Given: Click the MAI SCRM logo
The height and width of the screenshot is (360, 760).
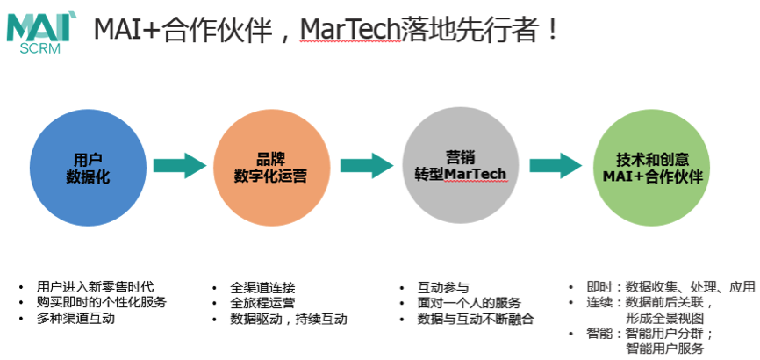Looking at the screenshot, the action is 39,33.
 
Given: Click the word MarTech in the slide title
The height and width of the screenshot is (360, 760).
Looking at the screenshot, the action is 350,30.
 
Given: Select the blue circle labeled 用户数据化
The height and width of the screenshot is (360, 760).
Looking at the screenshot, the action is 89,168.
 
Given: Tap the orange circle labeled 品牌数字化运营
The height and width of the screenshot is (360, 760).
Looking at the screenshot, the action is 271,168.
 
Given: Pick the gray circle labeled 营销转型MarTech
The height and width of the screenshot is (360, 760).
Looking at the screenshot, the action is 461,165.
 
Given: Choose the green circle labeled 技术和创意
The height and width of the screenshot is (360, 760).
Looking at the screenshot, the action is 652,167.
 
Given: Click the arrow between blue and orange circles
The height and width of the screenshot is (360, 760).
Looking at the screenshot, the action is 180,165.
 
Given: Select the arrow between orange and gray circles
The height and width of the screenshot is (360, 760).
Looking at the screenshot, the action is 367,165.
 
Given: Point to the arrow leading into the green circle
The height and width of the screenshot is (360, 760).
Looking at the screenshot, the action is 556,165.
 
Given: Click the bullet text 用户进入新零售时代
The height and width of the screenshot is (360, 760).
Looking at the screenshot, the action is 95,286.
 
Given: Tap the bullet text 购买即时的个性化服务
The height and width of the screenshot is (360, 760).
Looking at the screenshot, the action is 101,302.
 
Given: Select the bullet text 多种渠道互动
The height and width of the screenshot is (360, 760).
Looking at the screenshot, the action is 75,319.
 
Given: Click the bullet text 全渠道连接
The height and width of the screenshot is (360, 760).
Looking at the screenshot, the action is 262,287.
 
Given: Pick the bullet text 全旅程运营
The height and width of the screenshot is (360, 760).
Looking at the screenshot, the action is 262,303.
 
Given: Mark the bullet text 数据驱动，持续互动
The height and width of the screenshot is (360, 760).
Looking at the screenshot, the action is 289,320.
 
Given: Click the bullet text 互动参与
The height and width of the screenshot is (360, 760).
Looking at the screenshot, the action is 443,287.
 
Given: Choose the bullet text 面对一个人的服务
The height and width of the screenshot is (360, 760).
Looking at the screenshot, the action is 470,303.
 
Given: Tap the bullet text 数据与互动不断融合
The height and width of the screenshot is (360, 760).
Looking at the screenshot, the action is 476,320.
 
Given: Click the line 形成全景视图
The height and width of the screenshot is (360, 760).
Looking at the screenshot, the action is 664,318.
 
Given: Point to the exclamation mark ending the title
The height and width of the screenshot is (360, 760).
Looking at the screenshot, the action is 552,30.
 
